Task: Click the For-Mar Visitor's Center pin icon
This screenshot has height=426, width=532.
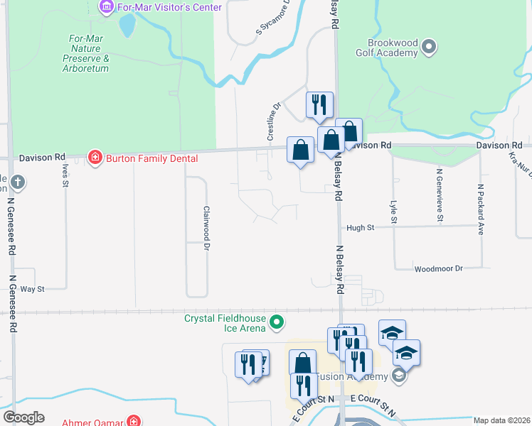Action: (x=107, y=7)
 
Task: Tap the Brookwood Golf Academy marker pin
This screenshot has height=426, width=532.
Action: (x=428, y=48)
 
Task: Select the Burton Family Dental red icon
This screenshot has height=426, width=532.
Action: (x=94, y=158)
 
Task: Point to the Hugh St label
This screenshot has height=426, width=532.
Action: (x=360, y=228)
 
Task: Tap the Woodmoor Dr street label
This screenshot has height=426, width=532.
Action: (x=439, y=268)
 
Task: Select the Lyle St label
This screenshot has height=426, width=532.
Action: (x=393, y=212)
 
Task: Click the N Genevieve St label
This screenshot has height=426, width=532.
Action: (x=440, y=195)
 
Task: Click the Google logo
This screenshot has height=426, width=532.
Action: (x=24, y=417)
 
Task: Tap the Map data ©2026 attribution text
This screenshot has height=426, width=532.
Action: (x=501, y=420)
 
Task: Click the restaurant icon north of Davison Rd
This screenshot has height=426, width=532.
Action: (x=319, y=104)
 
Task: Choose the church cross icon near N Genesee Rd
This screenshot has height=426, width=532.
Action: (x=16, y=183)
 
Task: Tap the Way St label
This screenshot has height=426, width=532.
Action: (x=33, y=289)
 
